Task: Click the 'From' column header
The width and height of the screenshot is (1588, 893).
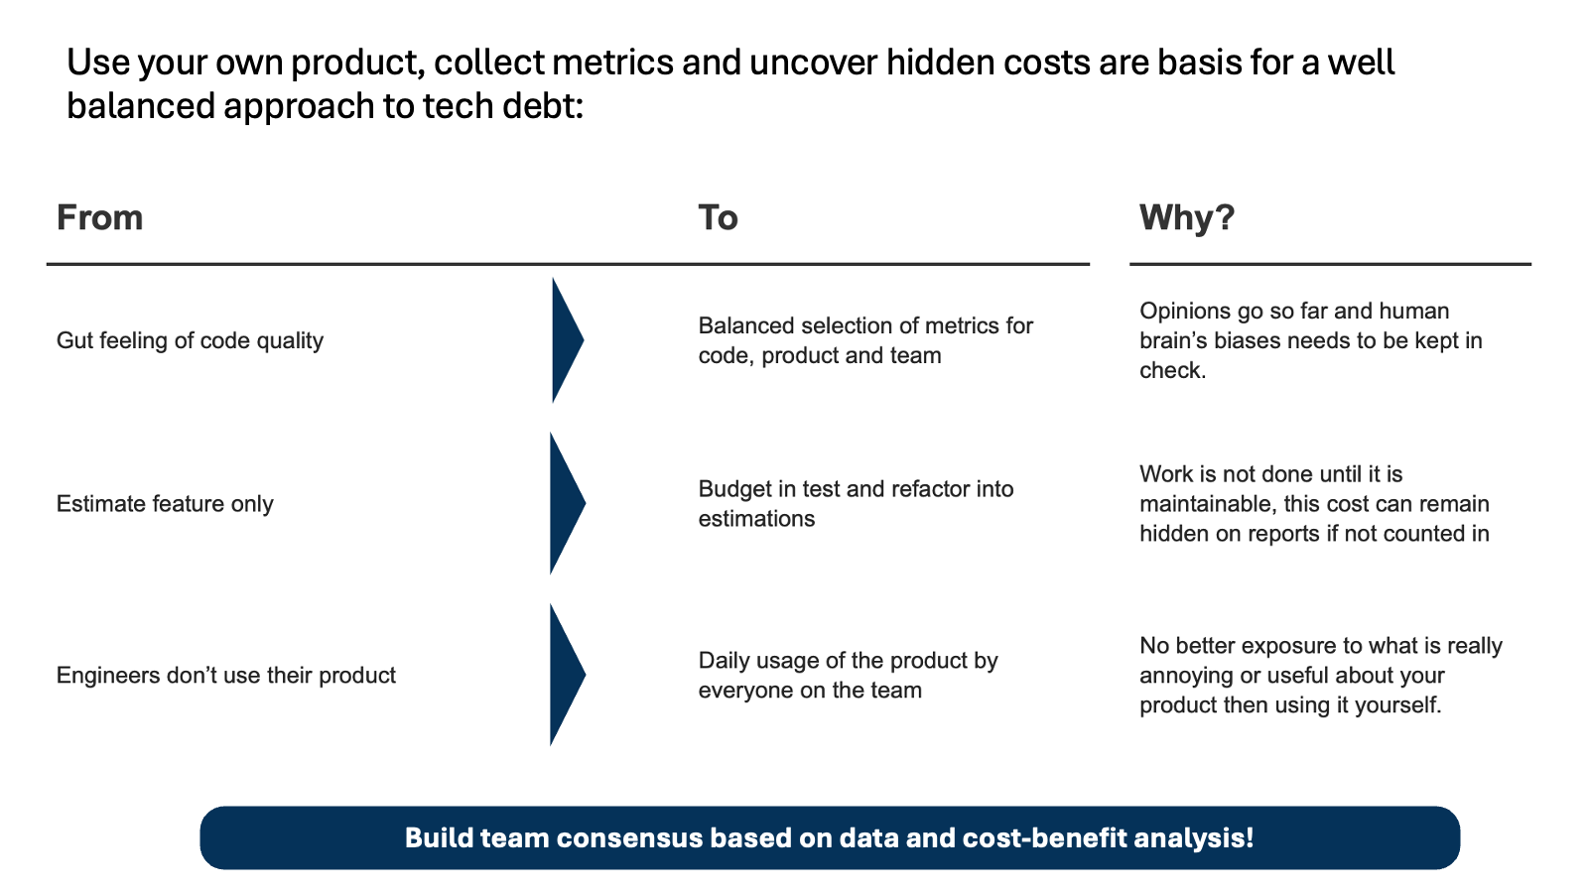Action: pyautogui.click(x=100, y=217)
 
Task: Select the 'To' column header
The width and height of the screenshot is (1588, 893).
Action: pyautogui.click(x=719, y=217)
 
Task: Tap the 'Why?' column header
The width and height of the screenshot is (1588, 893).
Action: pyautogui.click(x=1187, y=217)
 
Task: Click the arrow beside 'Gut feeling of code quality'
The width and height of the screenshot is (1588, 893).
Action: pyautogui.click(x=567, y=340)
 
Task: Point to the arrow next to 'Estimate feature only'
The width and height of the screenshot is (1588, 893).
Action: pyautogui.click(x=567, y=503)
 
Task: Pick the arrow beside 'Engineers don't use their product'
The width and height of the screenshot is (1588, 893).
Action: pyautogui.click(x=567, y=675)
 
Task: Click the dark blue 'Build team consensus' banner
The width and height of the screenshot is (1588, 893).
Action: pyautogui.click(x=830, y=837)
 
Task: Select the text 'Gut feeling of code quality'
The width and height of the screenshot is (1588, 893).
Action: pyautogui.click(x=190, y=341)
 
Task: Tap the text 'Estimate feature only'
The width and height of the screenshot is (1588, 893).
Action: pyautogui.click(x=165, y=504)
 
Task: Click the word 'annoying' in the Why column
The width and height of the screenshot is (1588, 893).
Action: pyautogui.click(x=1186, y=676)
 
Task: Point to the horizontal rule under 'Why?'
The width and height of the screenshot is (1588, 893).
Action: pyautogui.click(x=1331, y=264)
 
